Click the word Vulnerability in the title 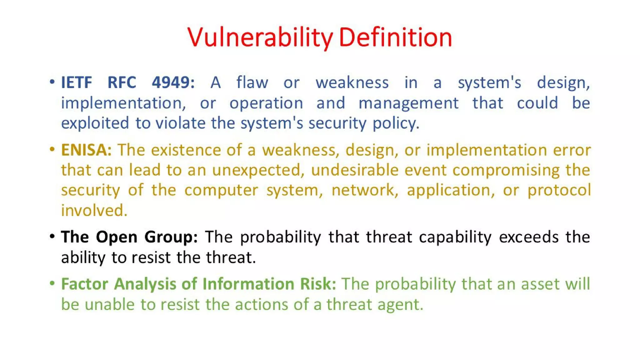(x=260, y=37)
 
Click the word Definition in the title (x=395, y=37)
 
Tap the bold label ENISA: (x=86, y=150)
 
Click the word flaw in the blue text (x=252, y=82)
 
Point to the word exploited (x=95, y=123)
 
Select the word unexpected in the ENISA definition (x=258, y=170)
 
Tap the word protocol (x=559, y=190)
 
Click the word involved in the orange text (x=94, y=210)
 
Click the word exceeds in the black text (x=528, y=237)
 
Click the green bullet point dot (x=52, y=283)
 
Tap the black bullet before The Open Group (x=52, y=236)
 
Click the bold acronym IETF (x=76, y=82)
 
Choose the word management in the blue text (x=408, y=103)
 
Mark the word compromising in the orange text (x=506, y=170)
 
